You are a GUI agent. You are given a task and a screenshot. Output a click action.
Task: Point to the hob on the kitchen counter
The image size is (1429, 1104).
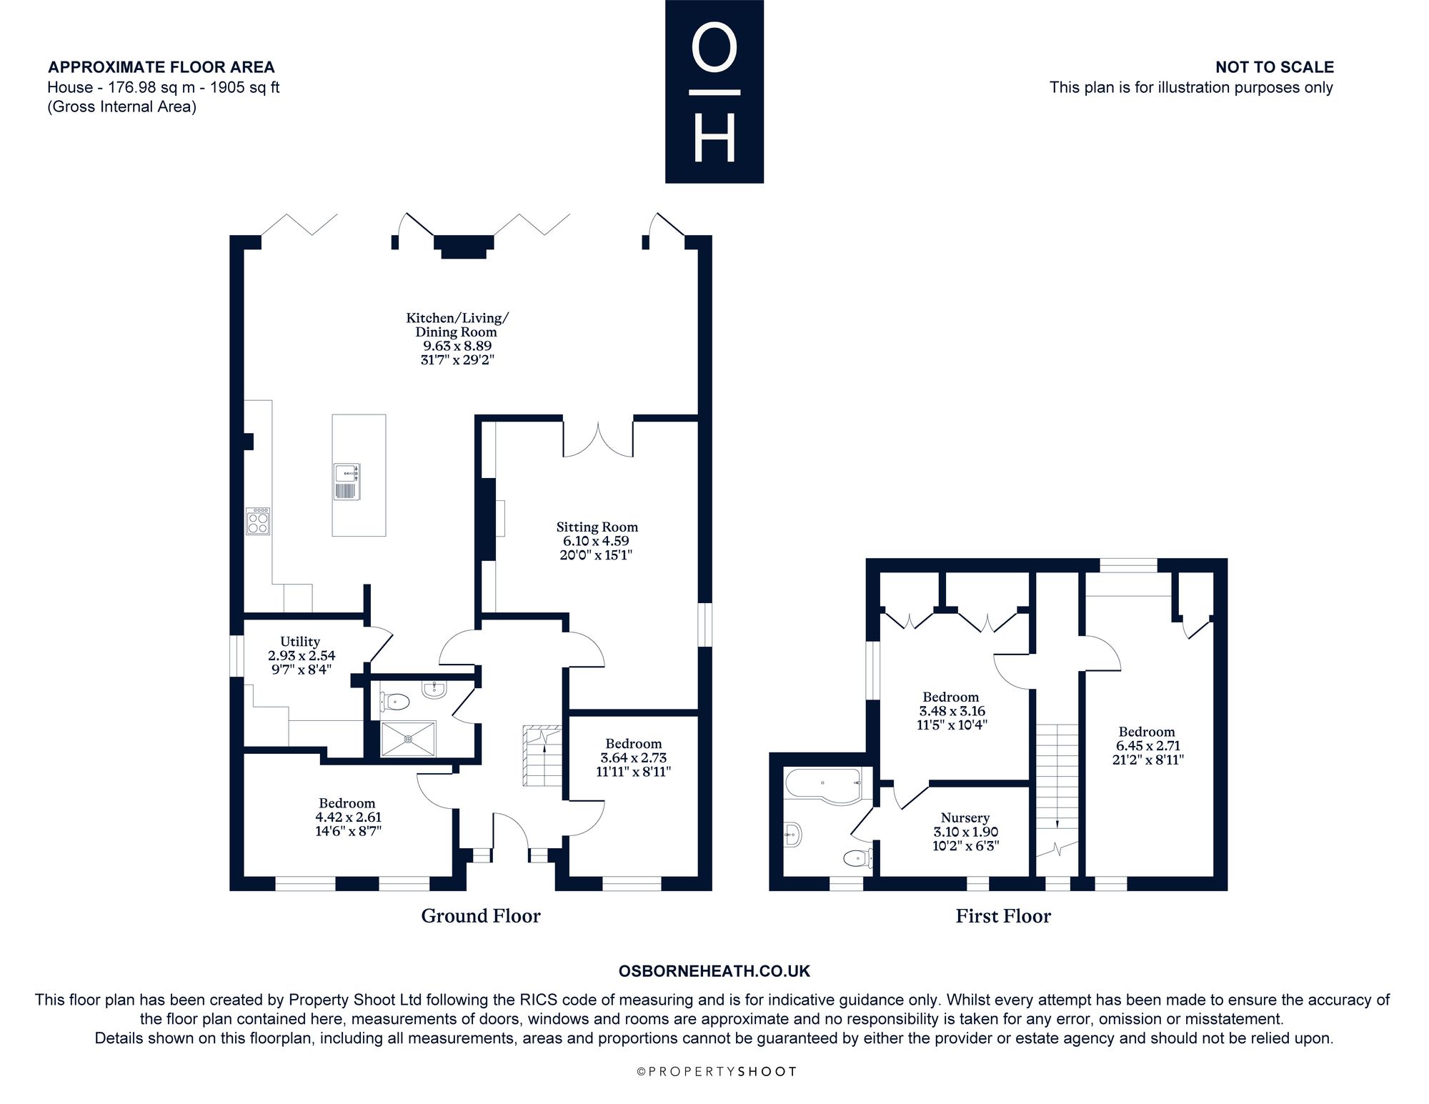click(258, 521)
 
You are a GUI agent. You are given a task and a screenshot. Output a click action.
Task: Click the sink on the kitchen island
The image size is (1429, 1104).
click(347, 481)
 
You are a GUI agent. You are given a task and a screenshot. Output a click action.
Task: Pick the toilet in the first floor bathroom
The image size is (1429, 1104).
click(857, 857)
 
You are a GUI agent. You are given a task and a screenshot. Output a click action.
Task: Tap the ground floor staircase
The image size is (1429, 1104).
click(544, 755)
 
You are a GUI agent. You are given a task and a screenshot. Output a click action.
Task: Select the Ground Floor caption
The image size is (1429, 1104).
click(481, 916)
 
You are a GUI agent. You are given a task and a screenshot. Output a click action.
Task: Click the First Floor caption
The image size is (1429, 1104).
click(1003, 916)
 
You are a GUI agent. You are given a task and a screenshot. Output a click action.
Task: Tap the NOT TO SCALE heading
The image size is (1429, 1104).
click(1275, 67)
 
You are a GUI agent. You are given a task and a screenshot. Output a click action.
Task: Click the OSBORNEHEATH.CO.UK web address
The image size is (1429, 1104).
click(714, 971)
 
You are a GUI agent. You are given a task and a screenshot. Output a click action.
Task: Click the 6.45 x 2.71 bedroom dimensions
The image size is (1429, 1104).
click(1147, 746)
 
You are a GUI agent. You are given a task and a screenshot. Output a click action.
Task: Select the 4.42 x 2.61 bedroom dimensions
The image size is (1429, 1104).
click(348, 817)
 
